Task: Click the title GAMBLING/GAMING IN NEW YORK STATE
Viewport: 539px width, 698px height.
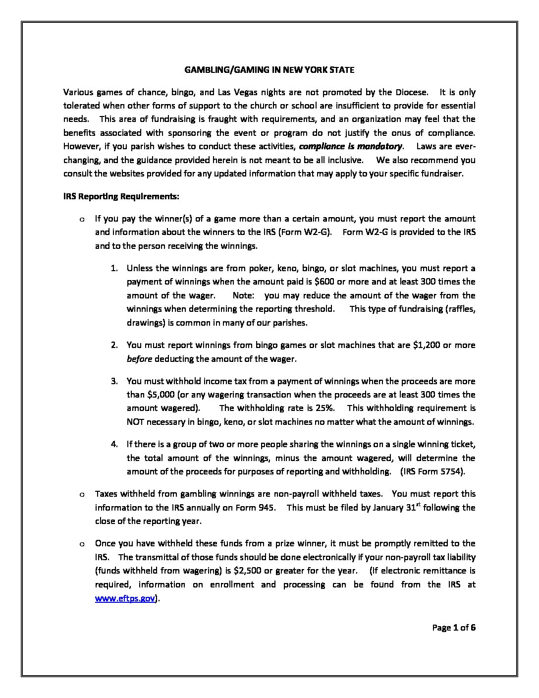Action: [x=269, y=70]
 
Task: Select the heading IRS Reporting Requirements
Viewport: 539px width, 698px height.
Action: [x=121, y=196]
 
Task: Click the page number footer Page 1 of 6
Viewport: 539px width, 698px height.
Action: [x=454, y=628]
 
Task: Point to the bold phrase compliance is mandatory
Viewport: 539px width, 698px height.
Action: [x=351, y=146]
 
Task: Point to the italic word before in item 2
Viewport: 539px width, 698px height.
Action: [x=139, y=359]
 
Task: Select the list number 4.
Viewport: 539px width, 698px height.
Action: [x=114, y=444]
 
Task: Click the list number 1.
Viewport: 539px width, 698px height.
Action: [x=114, y=268]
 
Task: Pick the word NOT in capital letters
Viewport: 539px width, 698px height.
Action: [x=136, y=422]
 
